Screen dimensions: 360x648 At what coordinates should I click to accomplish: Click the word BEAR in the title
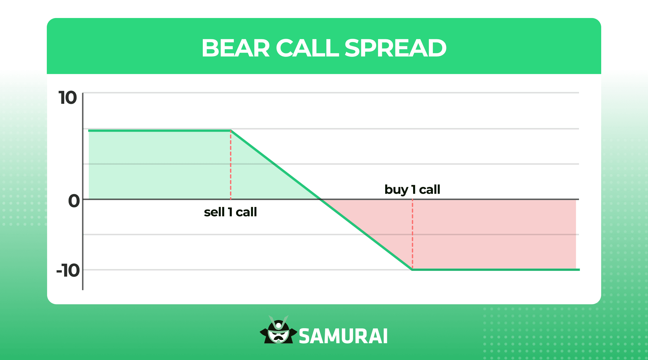pyautogui.click(x=236, y=48)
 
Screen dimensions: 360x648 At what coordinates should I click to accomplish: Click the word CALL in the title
pyautogui.click(x=307, y=48)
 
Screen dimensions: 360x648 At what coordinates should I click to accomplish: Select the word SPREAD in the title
pyautogui.click(x=395, y=48)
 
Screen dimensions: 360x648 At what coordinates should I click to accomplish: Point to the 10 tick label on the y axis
pyautogui.click(x=68, y=98)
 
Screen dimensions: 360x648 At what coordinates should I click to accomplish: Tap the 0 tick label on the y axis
pyautogui.click(x=74, y=201)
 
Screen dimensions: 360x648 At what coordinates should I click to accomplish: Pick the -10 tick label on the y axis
pyautogui.click(x=68, y=271)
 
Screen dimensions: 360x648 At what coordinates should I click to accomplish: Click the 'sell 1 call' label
pyautogui.click(x=230, y=212)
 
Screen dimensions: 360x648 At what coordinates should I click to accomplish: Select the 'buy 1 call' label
pyautogui.click(x=412, y=190)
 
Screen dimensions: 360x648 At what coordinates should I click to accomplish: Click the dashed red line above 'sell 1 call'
pyautogui.click(x=231, y=165)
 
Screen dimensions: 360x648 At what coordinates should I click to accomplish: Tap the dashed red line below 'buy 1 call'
pyautogui.click(x=412, y=234)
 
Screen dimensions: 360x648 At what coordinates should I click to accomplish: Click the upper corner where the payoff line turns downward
pyautogui.click(x=231, y=131)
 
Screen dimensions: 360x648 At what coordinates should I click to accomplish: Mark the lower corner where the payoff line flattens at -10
pyautogui.click(x=412, y=269)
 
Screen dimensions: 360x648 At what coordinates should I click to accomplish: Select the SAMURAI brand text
pyautogui.click(x=343, y=336)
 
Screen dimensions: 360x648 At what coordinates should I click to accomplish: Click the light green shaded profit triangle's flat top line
pyautogui.click(x=159, y=131)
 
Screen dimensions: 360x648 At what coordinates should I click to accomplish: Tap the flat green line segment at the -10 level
pyautogui.click(x=495, y=270)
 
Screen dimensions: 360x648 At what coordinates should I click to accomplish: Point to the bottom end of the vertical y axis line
pyautogui.click(x=83, y=289)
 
